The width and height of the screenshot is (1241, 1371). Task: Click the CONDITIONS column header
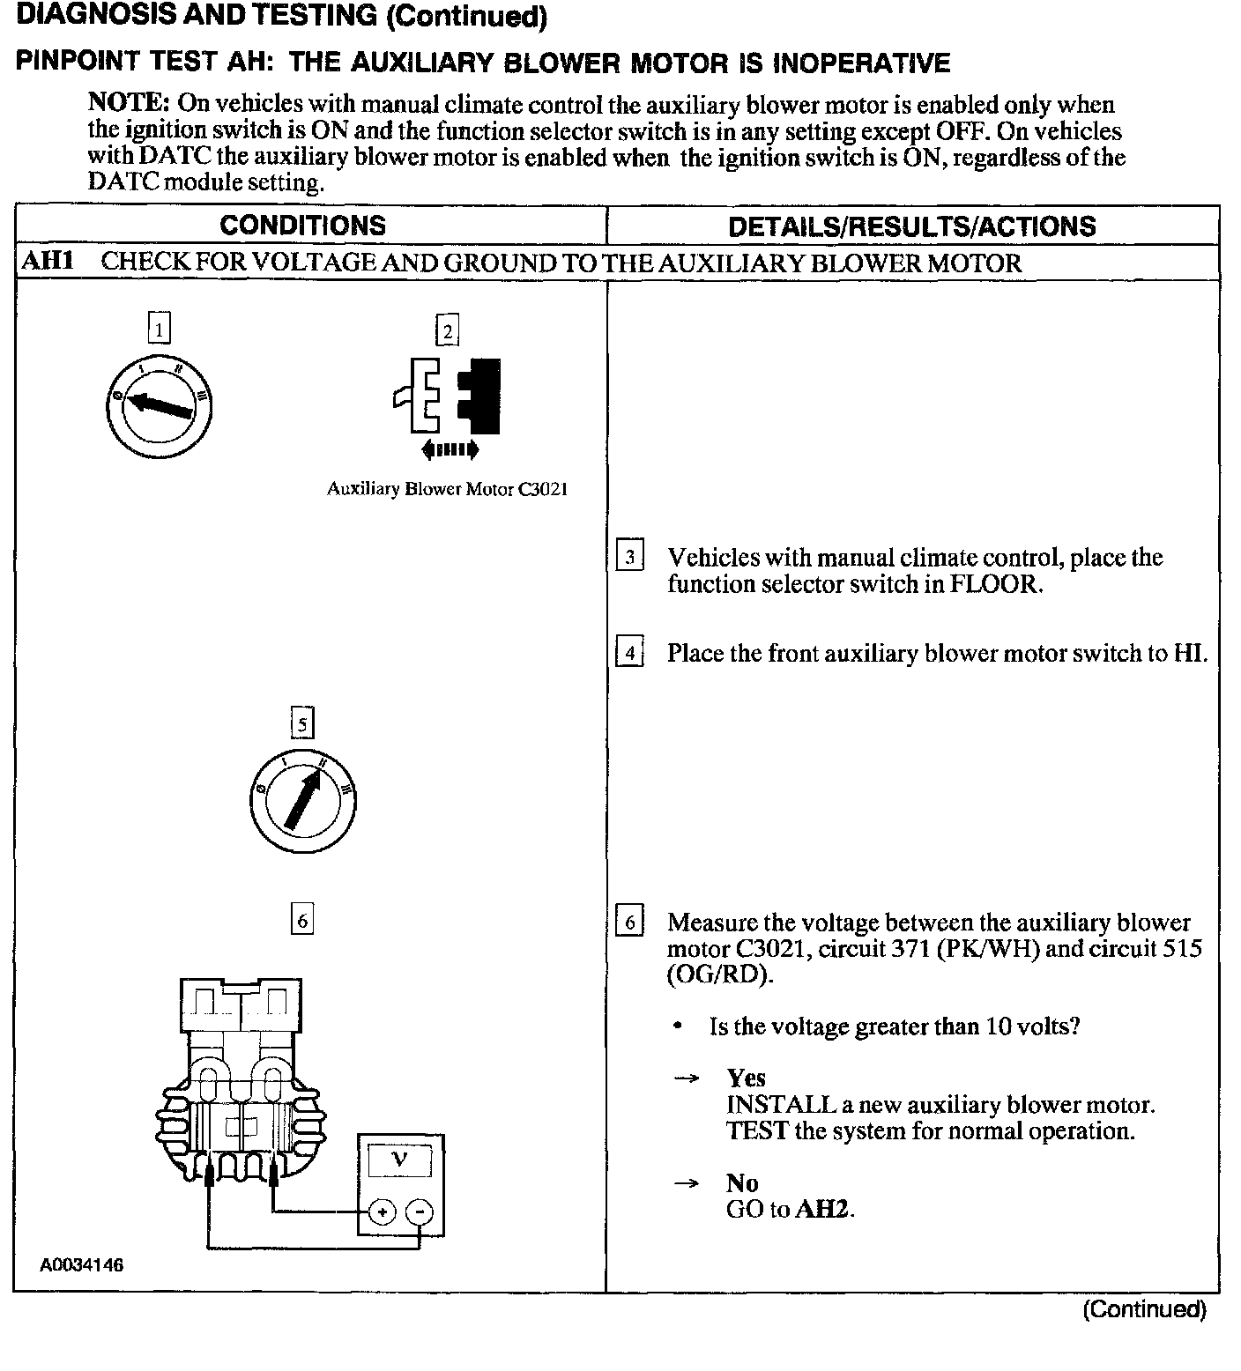coord(302,226)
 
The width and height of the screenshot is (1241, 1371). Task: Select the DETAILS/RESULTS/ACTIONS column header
coord(912,226)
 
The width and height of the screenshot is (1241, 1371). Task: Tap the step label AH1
coord(46,262)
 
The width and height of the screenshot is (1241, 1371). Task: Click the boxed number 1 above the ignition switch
coord(159,330)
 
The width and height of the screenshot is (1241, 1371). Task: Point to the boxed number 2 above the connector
coord(448,331)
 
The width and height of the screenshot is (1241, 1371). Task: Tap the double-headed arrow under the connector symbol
coord(450,450)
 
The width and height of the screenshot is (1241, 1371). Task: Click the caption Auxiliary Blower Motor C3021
coord(447,489)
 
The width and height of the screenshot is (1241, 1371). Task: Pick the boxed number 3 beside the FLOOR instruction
coord(629,557)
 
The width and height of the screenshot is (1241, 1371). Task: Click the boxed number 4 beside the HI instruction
coord(629,653)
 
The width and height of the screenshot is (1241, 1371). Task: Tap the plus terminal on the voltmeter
coord(382,1212)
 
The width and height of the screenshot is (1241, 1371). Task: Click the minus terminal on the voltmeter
coord(420,1212)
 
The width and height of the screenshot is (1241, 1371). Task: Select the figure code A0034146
coord(81,1265)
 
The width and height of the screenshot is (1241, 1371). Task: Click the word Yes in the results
coord(746,1078)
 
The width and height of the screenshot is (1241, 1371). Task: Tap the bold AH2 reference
coord(823,1209)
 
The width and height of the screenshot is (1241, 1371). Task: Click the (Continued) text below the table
coord(1143,1309)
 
